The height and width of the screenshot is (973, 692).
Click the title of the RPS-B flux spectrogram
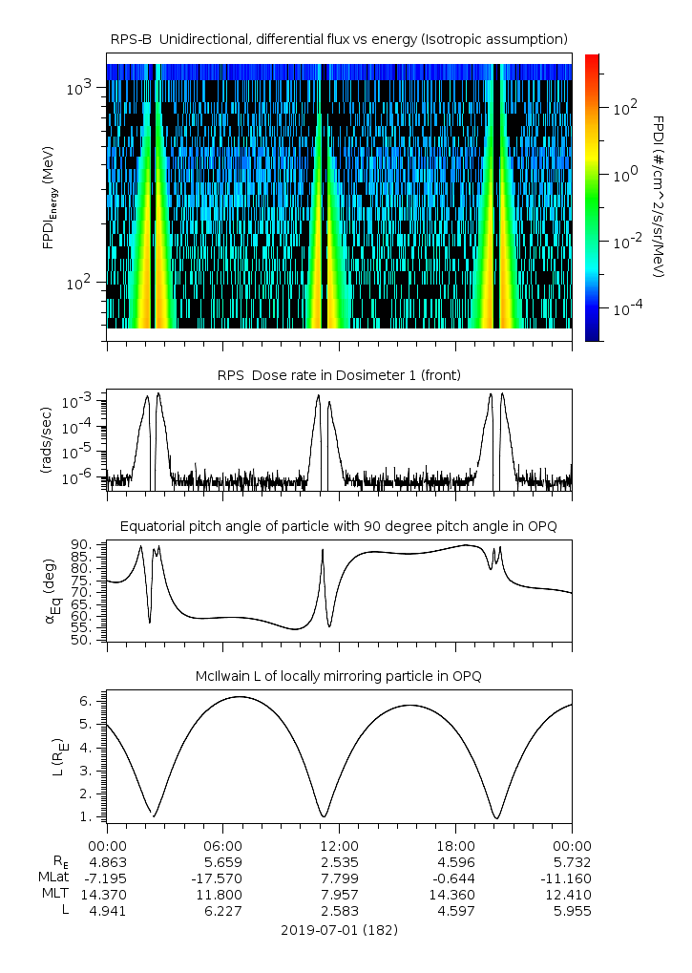(339, 38)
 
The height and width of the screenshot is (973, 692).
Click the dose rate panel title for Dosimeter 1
(339, 375)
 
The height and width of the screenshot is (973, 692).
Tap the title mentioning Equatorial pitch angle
(339, 526)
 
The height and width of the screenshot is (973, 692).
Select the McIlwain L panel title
(339, 676)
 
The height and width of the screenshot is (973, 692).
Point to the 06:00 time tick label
(223, 846)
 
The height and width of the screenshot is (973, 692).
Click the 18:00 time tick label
(455, 846)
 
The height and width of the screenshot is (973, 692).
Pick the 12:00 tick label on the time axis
(339, 846)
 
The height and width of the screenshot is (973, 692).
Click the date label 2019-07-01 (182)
(339, 929)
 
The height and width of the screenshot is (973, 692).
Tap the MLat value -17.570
(223, 878)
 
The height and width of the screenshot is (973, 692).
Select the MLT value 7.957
(339, 895)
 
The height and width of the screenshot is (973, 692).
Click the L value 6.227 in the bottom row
(223, 911)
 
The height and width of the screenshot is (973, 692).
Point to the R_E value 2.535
(339, 862)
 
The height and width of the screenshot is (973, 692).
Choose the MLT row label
(55, 895)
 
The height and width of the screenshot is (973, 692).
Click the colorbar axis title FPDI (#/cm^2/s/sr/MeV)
(659, 197)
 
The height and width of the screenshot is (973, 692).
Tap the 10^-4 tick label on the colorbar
(622, 309)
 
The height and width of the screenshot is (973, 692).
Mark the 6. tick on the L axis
(86, 701)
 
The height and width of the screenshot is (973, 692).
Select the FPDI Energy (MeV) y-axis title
(48, 197)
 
